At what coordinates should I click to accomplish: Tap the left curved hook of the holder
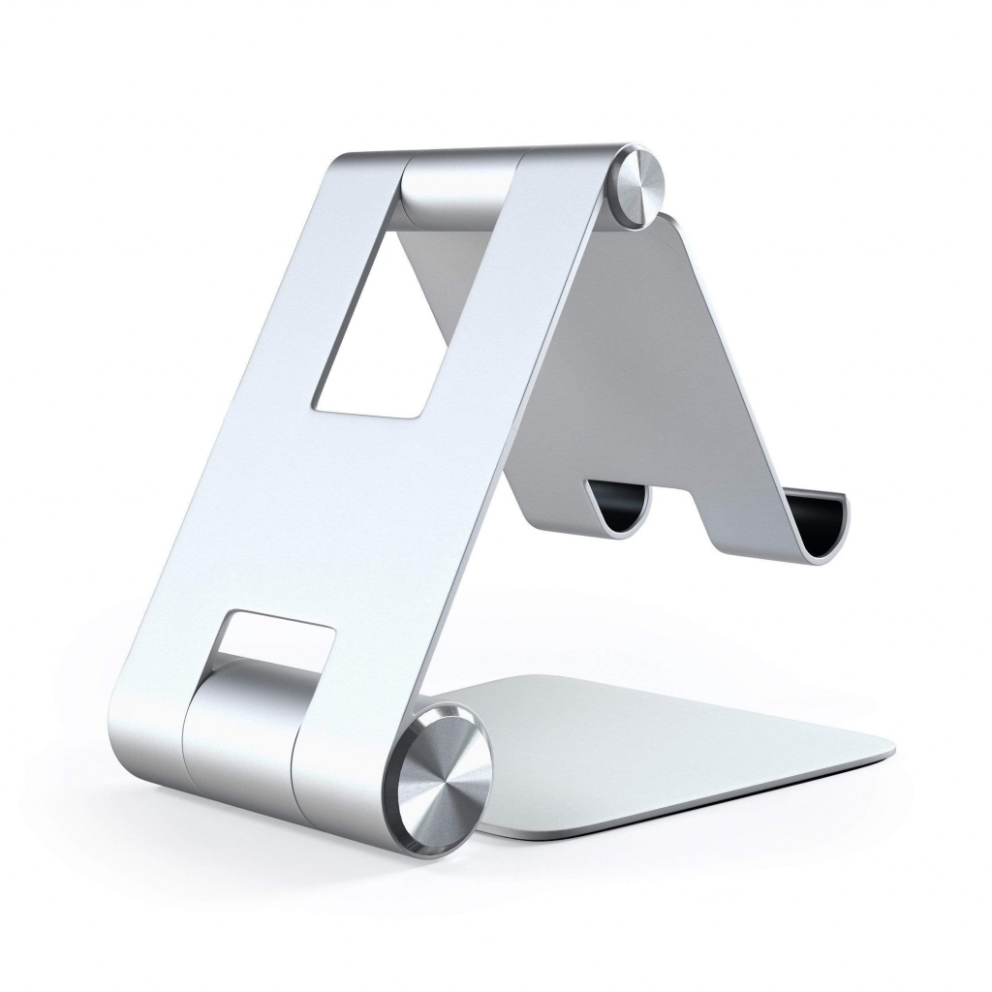(x=620, y=504)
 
